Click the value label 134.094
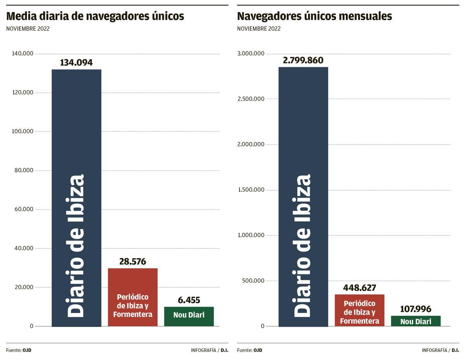(76, 63)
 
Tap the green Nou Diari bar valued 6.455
(189, 316)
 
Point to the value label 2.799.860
(303, 60)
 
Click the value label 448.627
(359, 288)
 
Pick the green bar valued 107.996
(415, 321)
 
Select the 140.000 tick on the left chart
(22, 53)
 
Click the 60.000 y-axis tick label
(22, 209)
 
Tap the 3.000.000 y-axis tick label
(251, 53)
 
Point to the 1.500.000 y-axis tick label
(251, 190)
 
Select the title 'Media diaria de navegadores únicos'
(95, 16)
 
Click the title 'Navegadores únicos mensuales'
(314, 16)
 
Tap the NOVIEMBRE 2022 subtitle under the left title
(28, 29)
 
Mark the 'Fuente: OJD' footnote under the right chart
(250, 350)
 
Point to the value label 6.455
(189, 300)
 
